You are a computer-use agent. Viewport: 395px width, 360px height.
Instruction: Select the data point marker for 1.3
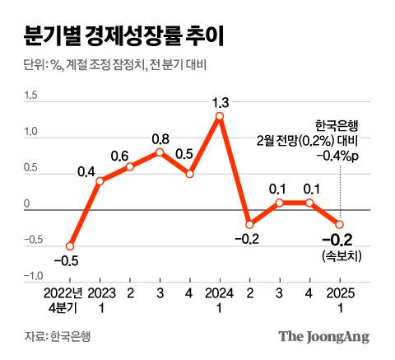click(x=220, y=116)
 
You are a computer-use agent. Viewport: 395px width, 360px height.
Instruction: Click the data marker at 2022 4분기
click(x=71, y=245)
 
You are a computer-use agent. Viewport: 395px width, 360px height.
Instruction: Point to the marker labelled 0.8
click(x=160, y=152)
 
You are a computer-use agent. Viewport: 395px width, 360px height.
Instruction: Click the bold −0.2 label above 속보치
click(x=337, y=241)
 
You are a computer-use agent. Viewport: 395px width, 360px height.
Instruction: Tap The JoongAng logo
click(x=323, y=336)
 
